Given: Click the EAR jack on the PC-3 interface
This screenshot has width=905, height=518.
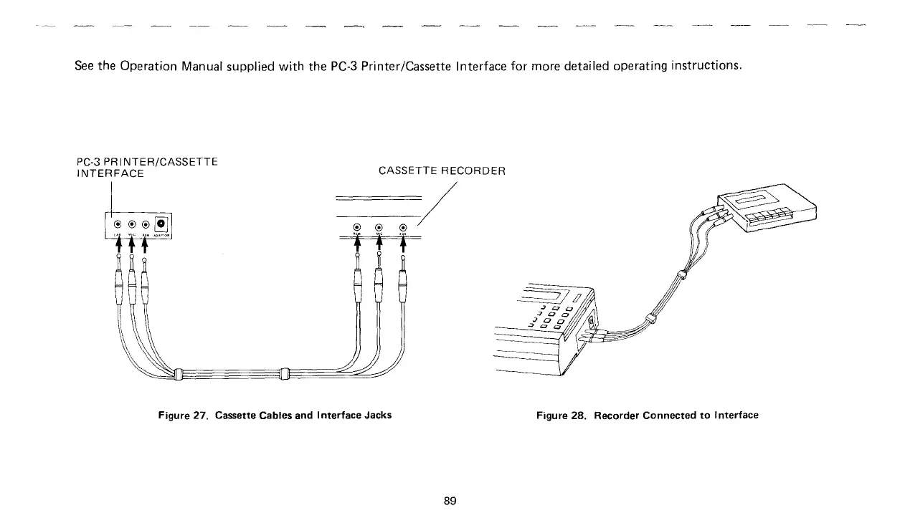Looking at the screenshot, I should (118, 224).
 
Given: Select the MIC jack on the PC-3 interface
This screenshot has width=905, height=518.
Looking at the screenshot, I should (132, 224).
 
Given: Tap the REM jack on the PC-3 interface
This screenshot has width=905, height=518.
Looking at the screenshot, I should (146, 224).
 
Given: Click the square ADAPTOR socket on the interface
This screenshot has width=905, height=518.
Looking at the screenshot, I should (162, 222).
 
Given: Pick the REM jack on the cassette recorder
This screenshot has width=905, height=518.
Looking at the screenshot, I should (356, 229).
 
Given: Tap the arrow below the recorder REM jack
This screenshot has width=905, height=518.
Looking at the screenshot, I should (356, 245).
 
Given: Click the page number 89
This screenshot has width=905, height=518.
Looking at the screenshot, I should (450, 501).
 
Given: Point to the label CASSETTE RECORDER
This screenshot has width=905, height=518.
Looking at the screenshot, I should (442, 171).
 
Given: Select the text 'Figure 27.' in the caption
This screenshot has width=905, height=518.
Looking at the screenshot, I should (183, 416).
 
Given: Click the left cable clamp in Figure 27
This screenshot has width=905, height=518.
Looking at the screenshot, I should (179, 374).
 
